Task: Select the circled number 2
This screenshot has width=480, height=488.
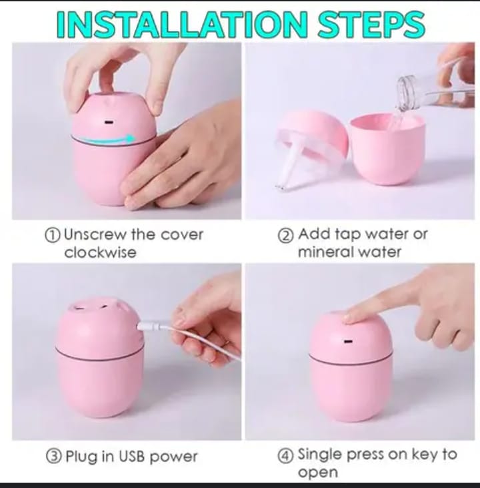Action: coord(286,236)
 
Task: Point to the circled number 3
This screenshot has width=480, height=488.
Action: coord(53,457)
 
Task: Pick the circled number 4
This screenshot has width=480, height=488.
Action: coord(286,457)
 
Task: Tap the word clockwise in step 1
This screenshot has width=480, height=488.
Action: coord(101,252)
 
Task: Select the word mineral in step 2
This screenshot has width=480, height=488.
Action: coord(325,252)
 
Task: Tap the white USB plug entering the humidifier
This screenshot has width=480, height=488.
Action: coord(149,326)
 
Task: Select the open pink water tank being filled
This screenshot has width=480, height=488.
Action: coord(387,149)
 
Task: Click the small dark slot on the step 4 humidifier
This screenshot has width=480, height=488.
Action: coord(347,341)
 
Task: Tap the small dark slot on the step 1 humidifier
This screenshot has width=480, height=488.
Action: coord(108,122)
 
